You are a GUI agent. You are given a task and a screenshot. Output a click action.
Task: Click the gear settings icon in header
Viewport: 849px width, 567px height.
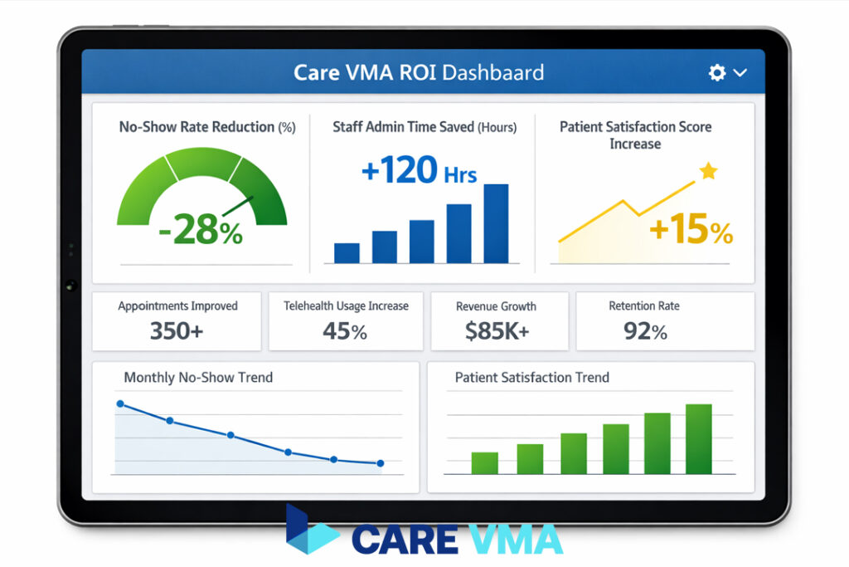tap(717, 72)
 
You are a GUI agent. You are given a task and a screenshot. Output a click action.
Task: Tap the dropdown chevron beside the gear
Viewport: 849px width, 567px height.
tap(740, 73)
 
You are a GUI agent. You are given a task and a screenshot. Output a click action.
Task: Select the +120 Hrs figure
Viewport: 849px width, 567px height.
tap(419, 171)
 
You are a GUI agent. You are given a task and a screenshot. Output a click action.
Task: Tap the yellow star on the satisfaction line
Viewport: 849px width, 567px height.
tap(707, 171)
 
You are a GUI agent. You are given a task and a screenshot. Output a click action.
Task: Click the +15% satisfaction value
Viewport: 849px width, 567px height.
tap(691, 230)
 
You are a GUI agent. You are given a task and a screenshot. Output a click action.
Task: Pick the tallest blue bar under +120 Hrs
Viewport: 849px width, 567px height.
tap(496, 223)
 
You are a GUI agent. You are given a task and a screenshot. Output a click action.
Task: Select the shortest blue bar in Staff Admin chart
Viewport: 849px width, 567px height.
tap(347, 252)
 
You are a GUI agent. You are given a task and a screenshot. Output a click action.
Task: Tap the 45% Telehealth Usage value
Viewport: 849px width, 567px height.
tap(345, 331)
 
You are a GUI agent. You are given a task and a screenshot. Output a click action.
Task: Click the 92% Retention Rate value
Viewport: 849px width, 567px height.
tap(645, 331)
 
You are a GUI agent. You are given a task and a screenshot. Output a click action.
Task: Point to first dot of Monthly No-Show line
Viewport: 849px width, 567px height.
tap(120, 403)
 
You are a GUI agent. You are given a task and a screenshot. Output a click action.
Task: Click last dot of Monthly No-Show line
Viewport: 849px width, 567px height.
tap(381, 463)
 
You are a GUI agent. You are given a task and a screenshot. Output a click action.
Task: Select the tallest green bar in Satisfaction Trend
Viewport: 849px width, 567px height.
tap(699, 438)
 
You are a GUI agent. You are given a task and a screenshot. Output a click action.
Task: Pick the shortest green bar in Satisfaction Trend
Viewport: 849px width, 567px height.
tap(484, 462)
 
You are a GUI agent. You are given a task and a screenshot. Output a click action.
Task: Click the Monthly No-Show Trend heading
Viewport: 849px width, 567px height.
tap(198, 377)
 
